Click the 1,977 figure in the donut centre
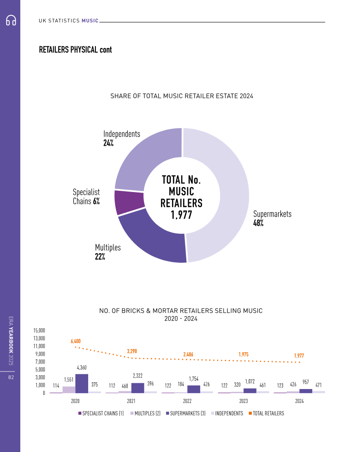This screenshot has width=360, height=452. click(x=181, y=215)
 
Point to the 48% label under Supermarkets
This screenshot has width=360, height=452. click(x=258, y=223)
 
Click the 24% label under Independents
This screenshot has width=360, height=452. click(x=108, y=143)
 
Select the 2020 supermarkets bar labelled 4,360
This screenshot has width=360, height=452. click(x=81, y=383)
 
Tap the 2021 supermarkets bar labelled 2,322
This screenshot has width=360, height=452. click(x=138, y=388)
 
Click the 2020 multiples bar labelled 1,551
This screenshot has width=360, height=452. click(x=69, y=389)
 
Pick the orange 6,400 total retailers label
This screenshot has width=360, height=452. click(x=76, y=341)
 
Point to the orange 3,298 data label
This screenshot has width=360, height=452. click(x=132, y=351)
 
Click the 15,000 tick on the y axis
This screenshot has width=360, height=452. click(x=39, y=331)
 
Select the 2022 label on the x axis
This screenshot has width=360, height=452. click(x=187, y=401)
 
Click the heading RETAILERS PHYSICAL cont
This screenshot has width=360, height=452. click(x=76, y=49)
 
